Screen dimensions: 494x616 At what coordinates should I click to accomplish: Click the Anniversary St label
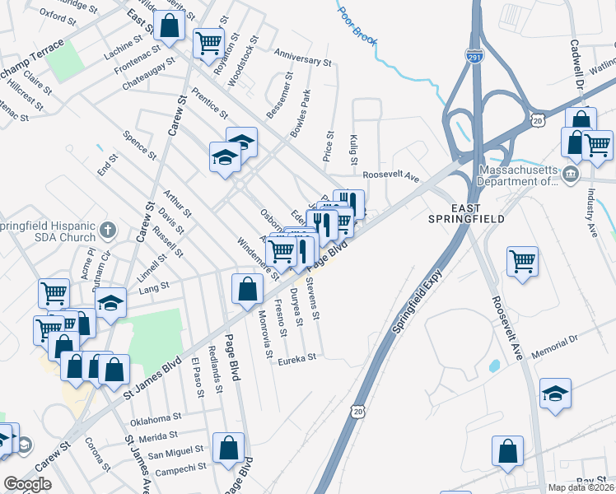(302, 61)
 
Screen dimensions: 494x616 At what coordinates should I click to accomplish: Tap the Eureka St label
(297, 359)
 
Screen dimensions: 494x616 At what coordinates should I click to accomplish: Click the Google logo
(27, 484)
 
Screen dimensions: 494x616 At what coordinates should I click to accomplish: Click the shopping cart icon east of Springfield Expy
(523, 261)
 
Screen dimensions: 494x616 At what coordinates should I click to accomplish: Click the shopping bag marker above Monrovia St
(247, 288)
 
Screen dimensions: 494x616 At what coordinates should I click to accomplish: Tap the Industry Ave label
(590, 206)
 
